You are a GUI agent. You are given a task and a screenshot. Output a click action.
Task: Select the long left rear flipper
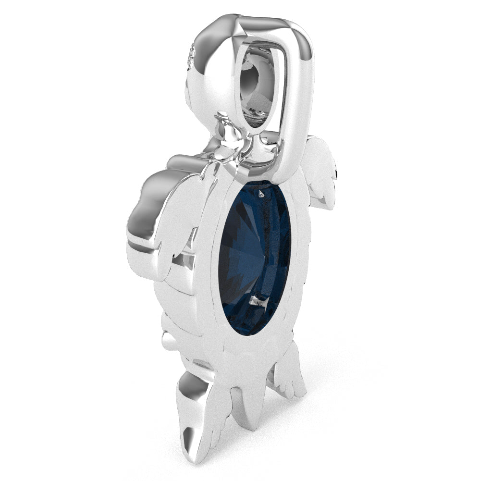pyautogui.click(x=195, y=413)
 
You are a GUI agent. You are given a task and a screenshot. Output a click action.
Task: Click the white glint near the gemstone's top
pyautogui.click(x=261, y=193)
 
